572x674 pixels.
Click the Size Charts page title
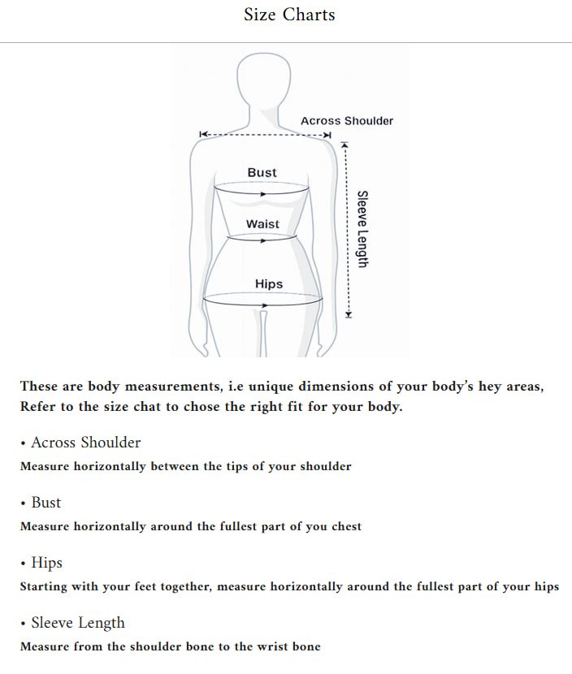click(x=289, y=15)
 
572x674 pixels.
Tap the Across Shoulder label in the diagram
click(x=346, y=121)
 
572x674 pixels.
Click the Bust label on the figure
click(x=262, y=172)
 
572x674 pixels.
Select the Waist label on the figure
click(x=262, y=223)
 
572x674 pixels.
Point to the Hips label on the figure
click(x=269, y=283)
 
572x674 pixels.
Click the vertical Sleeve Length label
click(x=363, y=229)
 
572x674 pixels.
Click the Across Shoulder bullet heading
click(x=85, y=443)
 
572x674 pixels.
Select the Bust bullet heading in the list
click(x=45, y=503)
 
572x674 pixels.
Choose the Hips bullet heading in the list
click(x=46, y=563)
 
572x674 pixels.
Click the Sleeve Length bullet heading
click(x=78, y=623)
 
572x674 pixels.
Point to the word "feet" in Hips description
click(x=158, y=587)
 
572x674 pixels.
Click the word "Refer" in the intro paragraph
click(x=40, y=407)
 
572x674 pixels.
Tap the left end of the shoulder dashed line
click(x=202, y=134)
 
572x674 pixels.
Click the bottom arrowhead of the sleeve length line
click(x=348, y=314)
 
